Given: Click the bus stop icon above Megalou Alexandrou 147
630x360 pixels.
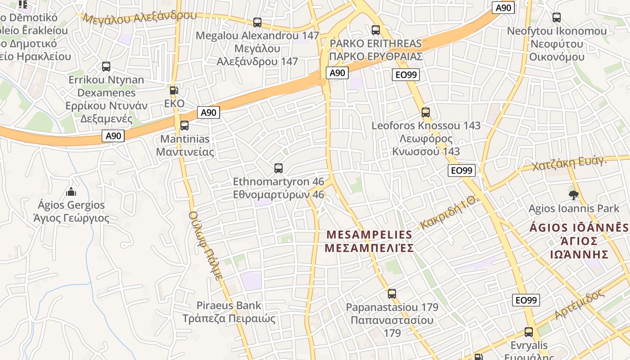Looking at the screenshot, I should point(257,22).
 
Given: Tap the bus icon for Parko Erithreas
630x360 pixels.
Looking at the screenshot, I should point(376,30).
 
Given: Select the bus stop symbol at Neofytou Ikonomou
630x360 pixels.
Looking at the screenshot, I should point(557,18).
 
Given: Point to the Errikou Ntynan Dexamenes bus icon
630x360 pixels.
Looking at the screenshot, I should point(106,67).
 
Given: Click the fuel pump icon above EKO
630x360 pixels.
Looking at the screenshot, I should point(174,90).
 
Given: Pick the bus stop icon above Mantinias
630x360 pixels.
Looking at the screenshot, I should point(184,126).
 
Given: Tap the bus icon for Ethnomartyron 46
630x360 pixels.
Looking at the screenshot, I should point(279,169).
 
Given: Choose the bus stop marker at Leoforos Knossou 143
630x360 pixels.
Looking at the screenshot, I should point(426,112).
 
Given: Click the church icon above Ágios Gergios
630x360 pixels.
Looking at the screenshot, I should point(71,192).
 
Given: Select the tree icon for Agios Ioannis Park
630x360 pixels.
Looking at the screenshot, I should point(574,195).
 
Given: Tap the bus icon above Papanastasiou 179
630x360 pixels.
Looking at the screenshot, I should point(392,294).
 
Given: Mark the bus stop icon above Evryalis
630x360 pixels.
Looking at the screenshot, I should point(529,333).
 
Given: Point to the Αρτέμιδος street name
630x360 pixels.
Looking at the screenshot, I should point(580,305).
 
